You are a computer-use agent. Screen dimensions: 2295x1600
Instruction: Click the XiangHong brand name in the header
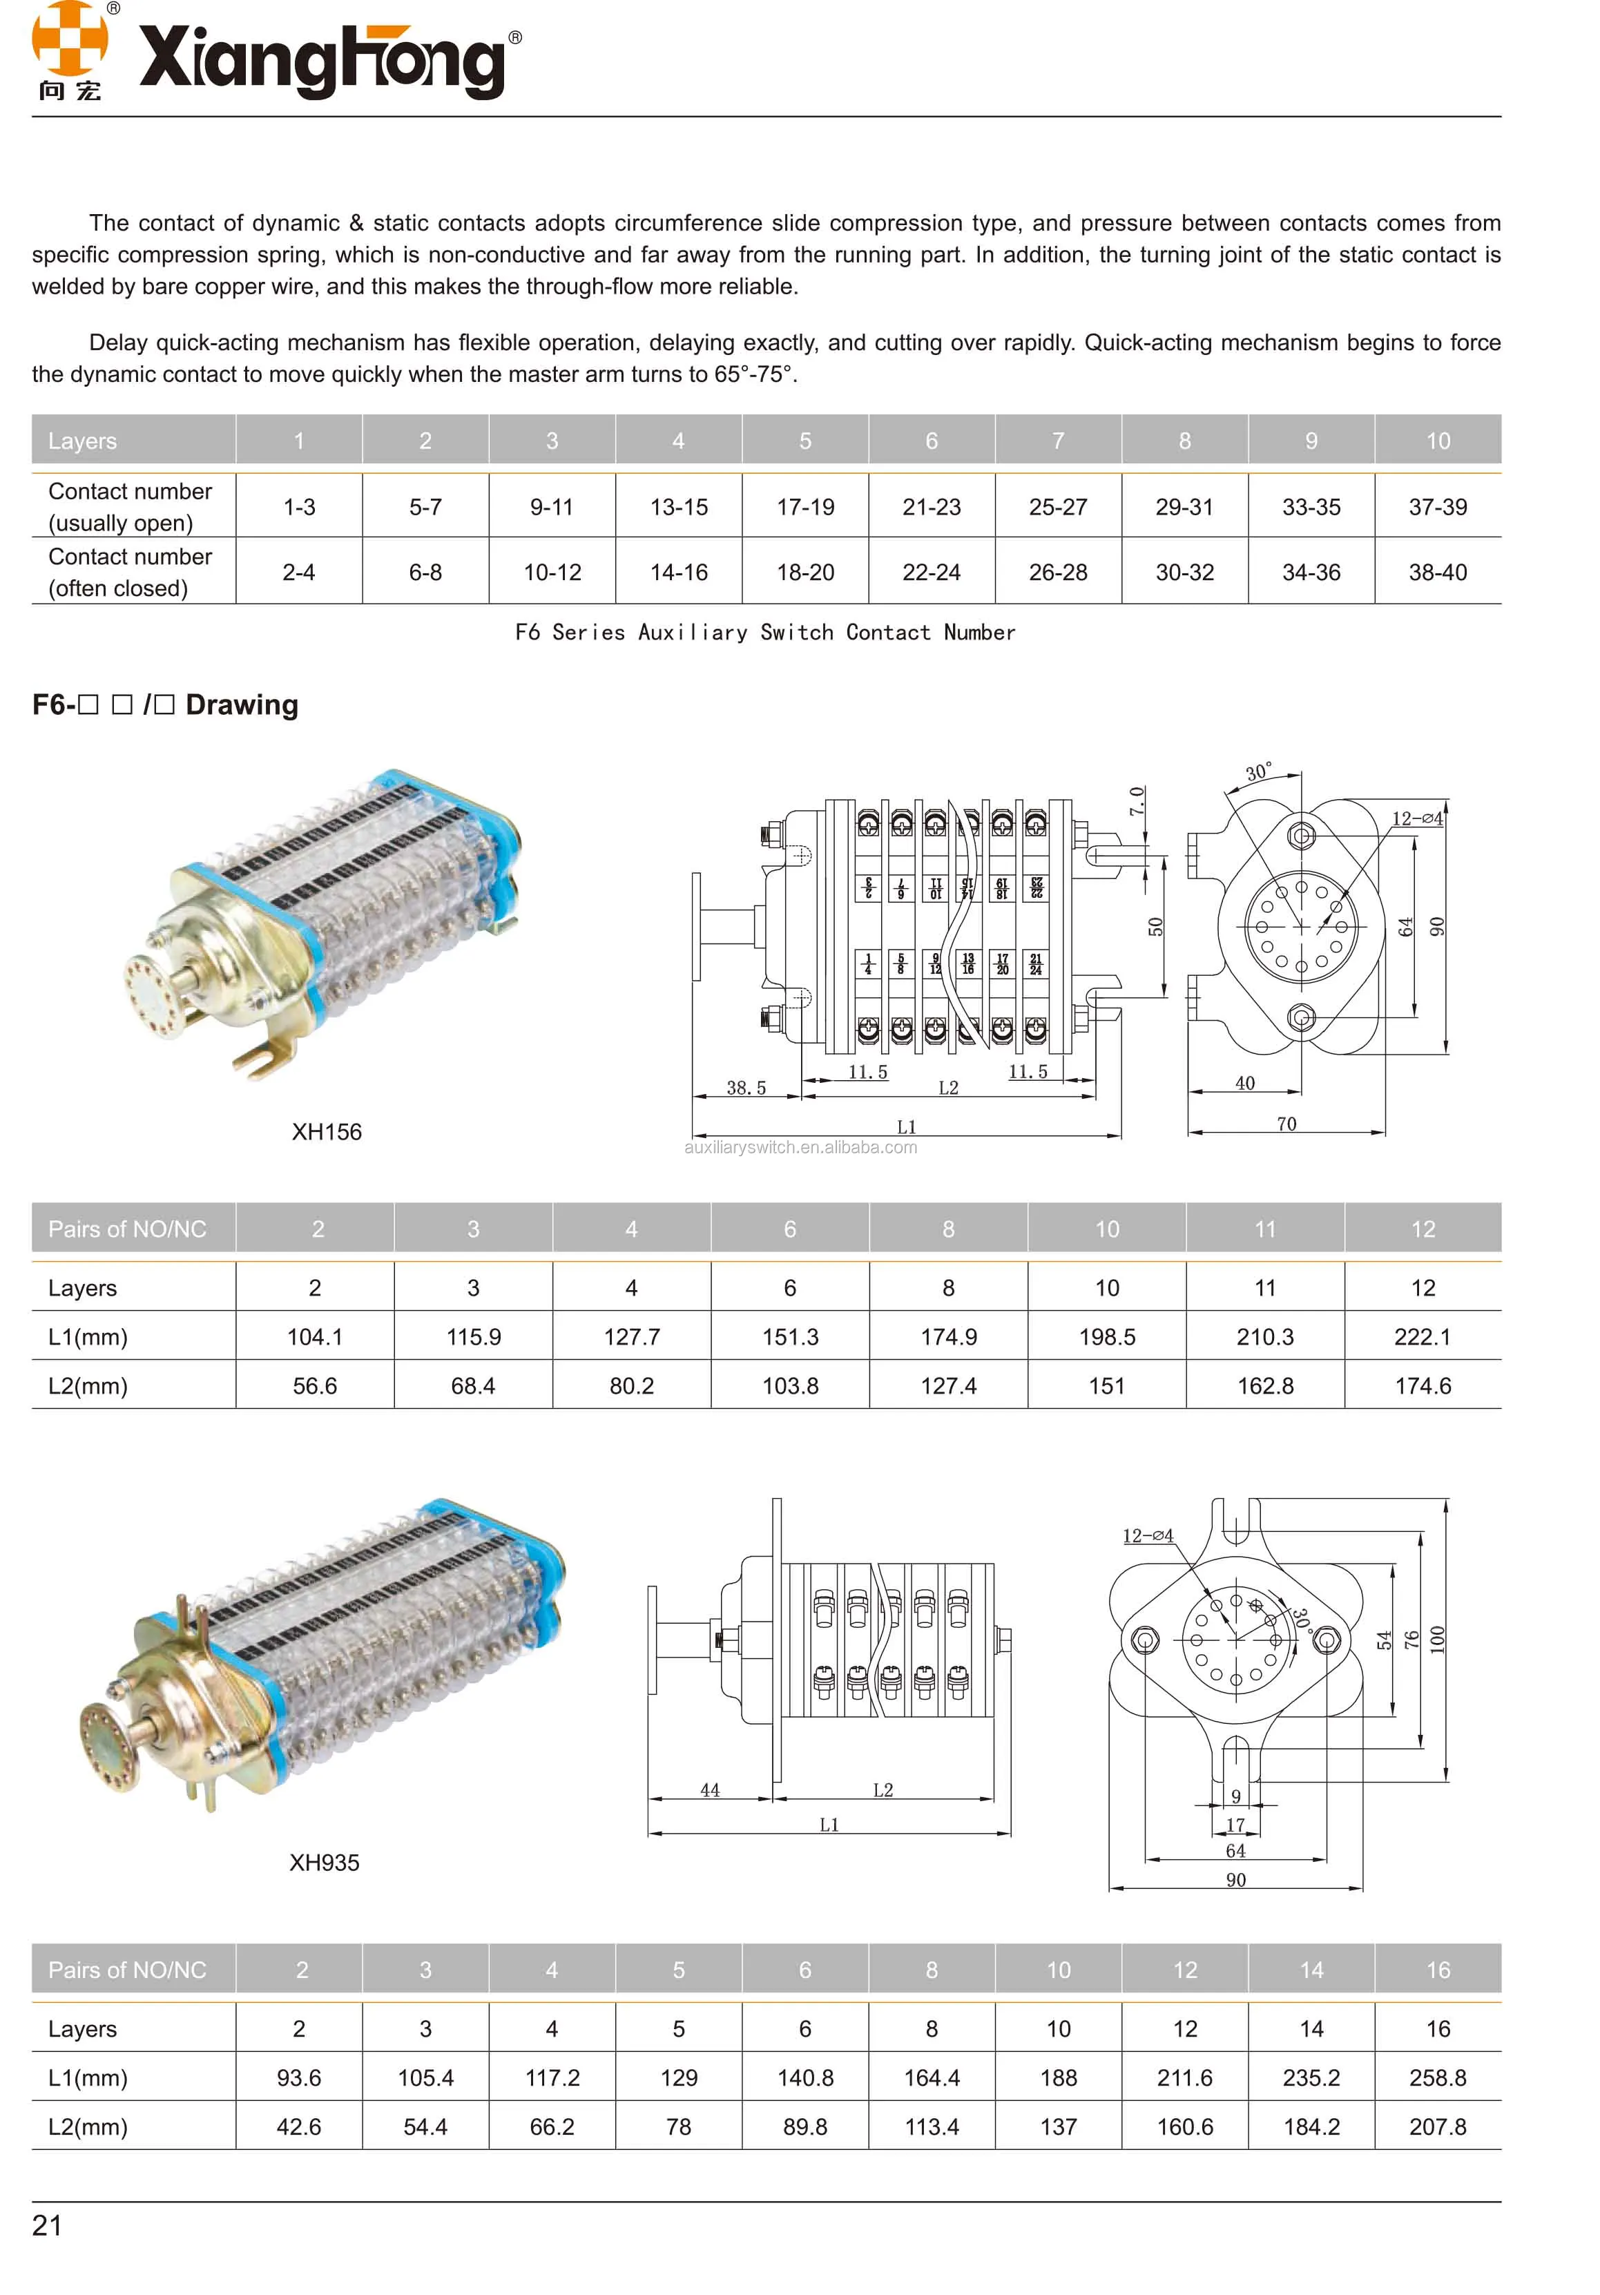click(x=322, y=60)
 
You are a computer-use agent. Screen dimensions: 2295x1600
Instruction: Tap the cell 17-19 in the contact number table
click(x=804, y=507)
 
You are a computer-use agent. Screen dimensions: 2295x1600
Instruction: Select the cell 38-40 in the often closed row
click(x=1437, y=572)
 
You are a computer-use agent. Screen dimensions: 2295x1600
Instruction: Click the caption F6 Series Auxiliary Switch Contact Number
click(x=764, y=632)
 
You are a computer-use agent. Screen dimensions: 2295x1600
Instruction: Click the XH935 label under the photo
click(x=324, y=1862)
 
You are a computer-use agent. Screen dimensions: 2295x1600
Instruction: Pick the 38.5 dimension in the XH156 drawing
click(x=746, y=1088)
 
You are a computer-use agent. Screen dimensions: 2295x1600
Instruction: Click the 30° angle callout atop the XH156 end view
click(x=1258, y=771)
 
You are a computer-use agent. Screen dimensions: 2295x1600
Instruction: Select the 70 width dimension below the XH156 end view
click(x=1286, y=1124)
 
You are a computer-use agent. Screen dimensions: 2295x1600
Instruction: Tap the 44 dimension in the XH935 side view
click(x=710, y=1789)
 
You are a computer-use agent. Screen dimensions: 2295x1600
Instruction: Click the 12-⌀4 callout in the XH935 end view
click(x=1147, y=1535)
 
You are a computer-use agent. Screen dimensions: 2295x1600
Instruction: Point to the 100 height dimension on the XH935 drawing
click(x=1437, y=1640)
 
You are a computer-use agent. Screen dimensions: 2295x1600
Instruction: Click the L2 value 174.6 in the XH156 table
click(x=1422, y=1385)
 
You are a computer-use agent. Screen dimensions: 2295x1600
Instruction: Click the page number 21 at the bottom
click(x=47, y=2225)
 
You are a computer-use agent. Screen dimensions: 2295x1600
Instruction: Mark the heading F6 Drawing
click(x=165, y=704)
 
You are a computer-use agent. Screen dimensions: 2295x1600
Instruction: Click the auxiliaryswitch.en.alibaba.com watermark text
click(x=800, y=1148)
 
